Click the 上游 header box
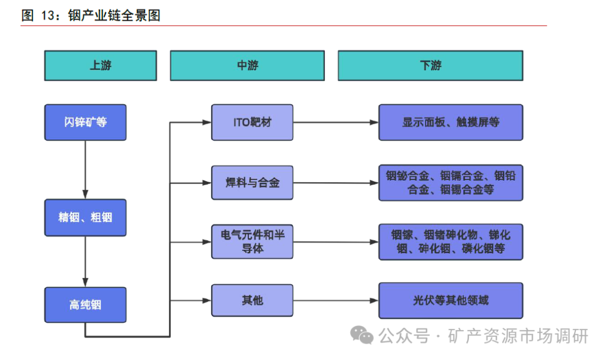pyautogui.click(x=100, y=65)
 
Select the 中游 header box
pyautogui.click(x=247, y=65)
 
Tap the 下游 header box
pyautogui.click(x=430, y=65)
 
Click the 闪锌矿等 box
pyautogui.click(x=85, y=122)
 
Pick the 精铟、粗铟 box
pyautogui.click(x=85, y=217)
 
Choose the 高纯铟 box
pyautogui.click(x=85, y=305)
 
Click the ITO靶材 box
pyautogui.click(x=252, y=122)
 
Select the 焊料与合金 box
pyautogui.click(x=252, y=182)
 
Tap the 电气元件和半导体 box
pyautogui.click(x=252, y=241)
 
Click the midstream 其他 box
pyautogui.click(x=252, y=300)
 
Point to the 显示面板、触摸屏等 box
pyautogui.click(x=450, y=122)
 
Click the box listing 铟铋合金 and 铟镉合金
pyautogui.click(x=450, y=183)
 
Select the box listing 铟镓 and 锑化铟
pyautogui.click(x=450, y=242)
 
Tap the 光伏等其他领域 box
pyautogui.click(x=450, y=300)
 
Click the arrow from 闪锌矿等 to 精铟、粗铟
pyautogui.click(x=85, y=169)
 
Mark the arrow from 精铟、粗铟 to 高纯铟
pyautogui.click(x=85, y=262)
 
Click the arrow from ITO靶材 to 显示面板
pyautogui.click(x=336, y=122)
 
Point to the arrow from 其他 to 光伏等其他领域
pyautogui.click(x=336, y=300)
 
